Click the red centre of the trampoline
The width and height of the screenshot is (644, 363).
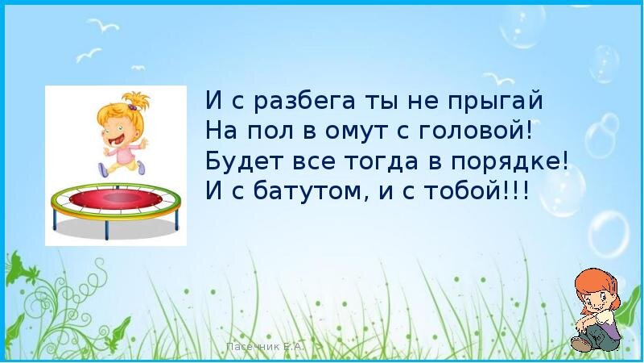116,198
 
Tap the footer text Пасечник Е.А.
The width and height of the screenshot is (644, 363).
265,347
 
